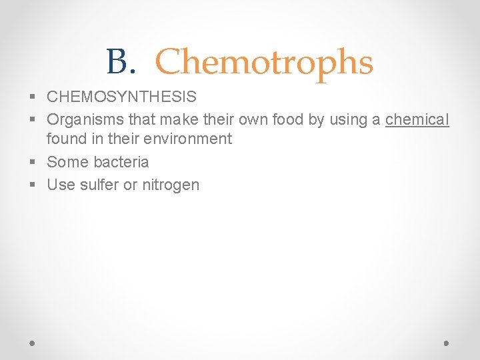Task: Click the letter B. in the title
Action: coord(120,63)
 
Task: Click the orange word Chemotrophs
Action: coord(264,63)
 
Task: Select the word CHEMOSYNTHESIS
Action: coord(121,97)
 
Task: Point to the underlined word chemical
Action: coord(417,120)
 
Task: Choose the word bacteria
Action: coord(121,162)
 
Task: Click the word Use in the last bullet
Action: coord(61,185)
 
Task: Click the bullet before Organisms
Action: coord(33,121)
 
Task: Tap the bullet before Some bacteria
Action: coord(33,163)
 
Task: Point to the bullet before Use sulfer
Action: coord(33,185)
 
